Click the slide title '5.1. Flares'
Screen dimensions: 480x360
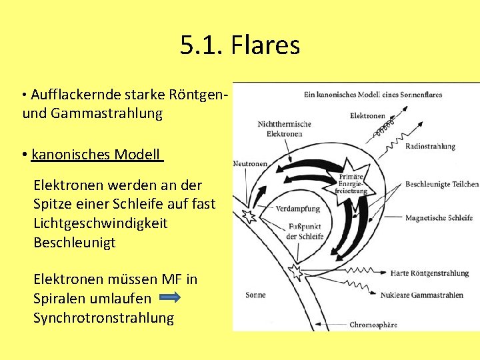(240, 46)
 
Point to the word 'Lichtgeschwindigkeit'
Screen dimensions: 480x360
(101, 223)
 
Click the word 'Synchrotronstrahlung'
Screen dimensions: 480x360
(103, 318)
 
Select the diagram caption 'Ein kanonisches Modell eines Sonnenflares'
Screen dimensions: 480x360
(373, 95)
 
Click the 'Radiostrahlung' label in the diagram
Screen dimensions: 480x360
(430, 146)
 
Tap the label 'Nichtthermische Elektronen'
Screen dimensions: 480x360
(284, 129)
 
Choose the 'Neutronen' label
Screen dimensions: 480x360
(250, 164)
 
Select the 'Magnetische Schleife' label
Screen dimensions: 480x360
(439, 217)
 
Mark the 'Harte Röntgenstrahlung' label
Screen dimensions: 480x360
(430, 273)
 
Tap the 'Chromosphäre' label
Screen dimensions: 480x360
(373, 325)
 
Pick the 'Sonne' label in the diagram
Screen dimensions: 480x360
(255, 295)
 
